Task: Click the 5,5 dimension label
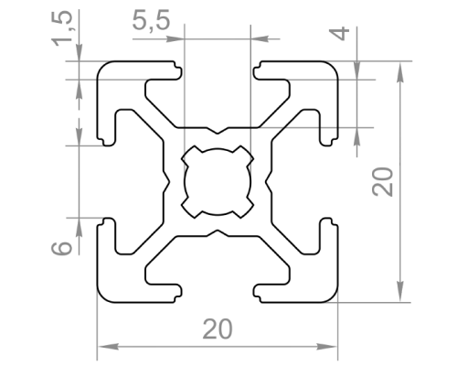click(151, 21)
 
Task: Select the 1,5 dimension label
click(62, 28)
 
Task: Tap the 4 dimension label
click(339, 33)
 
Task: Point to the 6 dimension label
click(62, 248)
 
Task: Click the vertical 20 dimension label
click(383, 181)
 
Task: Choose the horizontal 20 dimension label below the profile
click(218, 329)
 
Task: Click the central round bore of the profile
click(218, 182)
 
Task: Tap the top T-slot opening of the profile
click(218, 70)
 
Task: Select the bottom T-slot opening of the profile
click(218, 294)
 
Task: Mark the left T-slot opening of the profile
click(106, 182)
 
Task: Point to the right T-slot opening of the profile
click(329, 182)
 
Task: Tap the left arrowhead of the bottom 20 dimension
click(107, 347)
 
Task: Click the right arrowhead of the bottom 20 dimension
click(327, 347)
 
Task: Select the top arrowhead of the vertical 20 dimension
click(400, 72)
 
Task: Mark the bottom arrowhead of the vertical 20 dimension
click(400, 292)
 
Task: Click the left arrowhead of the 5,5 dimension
click(175, 39)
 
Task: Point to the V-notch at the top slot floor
click(218, 131)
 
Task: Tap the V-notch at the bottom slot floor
click(218, 232)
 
